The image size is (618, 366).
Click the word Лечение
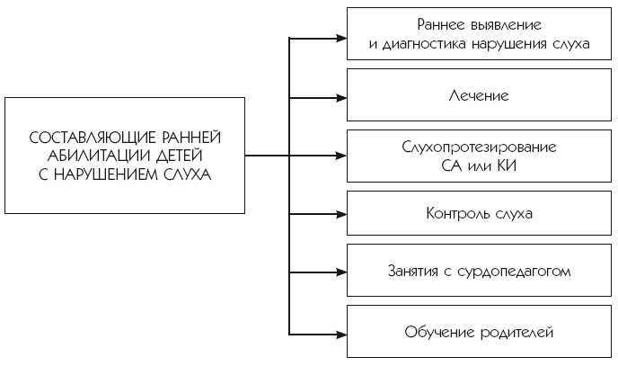479,94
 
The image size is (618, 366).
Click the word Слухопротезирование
479,146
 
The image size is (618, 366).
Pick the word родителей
516,333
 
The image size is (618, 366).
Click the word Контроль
458,214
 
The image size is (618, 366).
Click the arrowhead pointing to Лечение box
341,95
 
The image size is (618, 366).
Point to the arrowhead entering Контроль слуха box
341,214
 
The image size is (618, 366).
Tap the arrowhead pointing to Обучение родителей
341,332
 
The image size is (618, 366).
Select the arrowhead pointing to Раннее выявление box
341,38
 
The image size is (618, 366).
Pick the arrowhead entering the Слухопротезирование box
341,156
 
